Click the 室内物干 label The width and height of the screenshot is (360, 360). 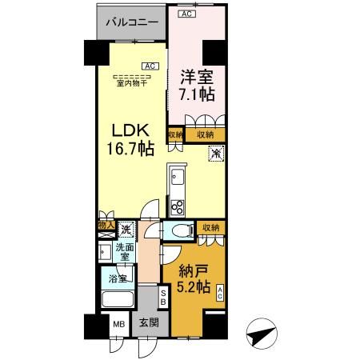pyautogui.click(x=133, y=84)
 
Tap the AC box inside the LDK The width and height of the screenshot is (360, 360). pyautogui.click(x=148, y=66)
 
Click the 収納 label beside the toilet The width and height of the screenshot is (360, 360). pyautogui.click(x=211, y=229)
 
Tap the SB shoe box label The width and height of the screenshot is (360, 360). pyautogui.click(x=163, y=297)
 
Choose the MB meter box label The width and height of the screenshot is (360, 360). pyautogui.click(x=117, y=326)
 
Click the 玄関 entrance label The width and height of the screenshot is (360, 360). pyautogui.click(x=148, y=323)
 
